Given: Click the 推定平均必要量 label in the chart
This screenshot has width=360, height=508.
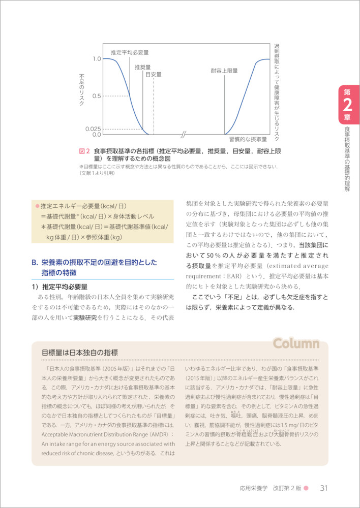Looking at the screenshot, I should (130, 52).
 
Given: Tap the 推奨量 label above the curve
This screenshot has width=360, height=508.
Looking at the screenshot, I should (143, 67).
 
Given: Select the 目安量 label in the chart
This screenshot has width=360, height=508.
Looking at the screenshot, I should (153, 75).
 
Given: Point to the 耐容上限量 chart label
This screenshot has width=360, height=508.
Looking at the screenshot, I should (224, 71).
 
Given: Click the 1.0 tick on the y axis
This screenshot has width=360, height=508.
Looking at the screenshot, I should (97, 59).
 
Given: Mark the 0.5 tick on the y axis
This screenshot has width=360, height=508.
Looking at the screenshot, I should (97, 96).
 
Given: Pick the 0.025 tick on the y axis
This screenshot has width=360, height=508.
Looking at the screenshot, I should (94, 129).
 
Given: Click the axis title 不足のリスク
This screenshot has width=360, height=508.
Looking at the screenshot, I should (82, 89).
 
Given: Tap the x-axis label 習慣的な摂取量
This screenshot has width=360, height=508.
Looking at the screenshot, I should (248, 139).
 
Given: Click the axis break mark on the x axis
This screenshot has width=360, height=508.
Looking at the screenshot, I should (184, 135).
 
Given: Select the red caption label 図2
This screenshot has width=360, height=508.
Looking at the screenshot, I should (84, 151).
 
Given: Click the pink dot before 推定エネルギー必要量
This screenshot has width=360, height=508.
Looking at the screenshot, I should (37, 206).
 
